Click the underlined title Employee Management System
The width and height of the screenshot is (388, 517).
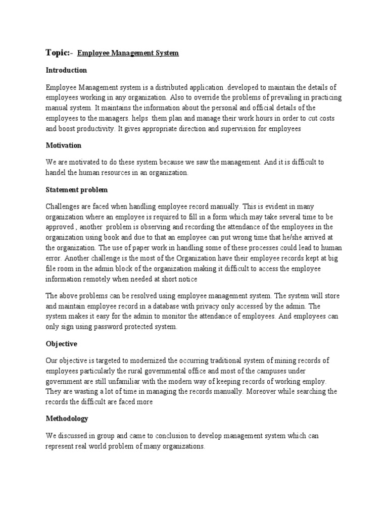(x=128, y=53)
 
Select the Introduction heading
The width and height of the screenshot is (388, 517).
(x=66, y=70)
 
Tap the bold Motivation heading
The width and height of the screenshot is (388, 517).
(x=63, y=145)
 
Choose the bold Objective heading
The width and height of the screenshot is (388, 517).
(x=61, y=344)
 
